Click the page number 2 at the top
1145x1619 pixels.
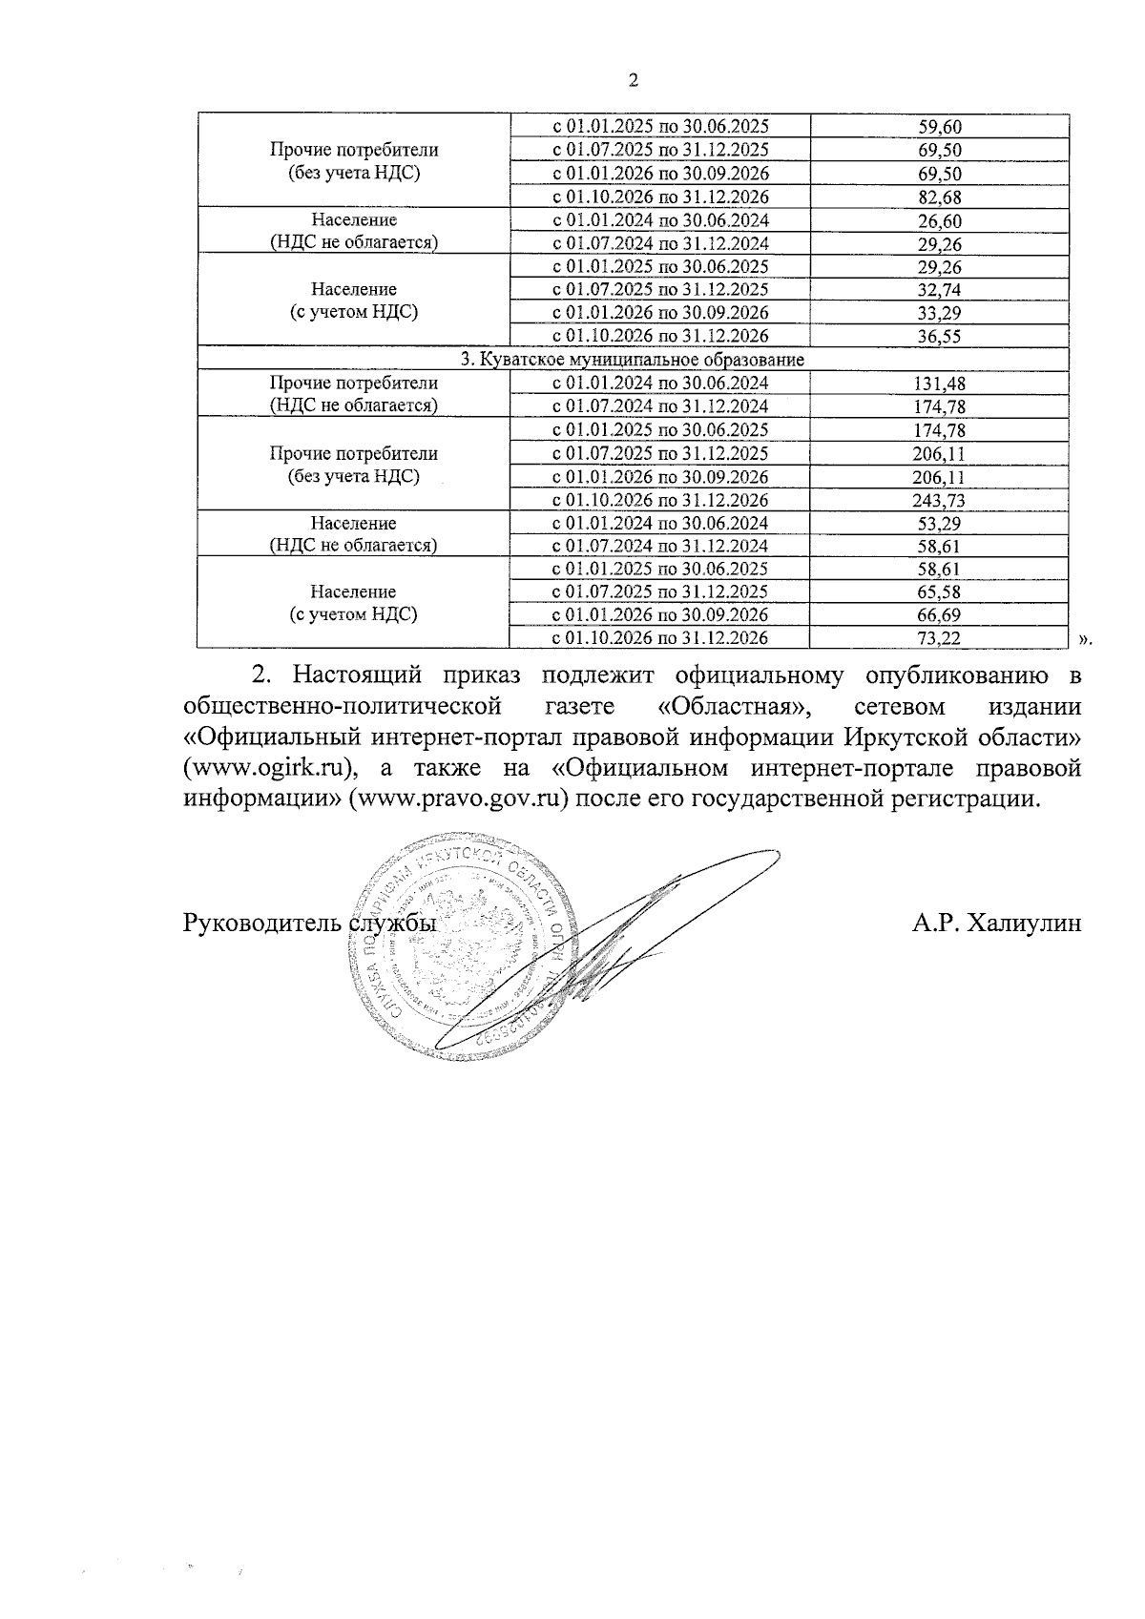click(x=633, y=81)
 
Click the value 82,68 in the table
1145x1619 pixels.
click(x=939, y=197)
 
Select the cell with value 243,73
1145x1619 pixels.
click(x=939, y=501)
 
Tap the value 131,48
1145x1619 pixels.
click(x=939, y=384)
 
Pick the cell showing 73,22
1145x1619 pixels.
click(x=939, y=638)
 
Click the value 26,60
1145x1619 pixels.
click(x=939, y=221)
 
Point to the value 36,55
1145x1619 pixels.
click(x=939, y=337)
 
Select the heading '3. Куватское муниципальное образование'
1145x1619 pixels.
click(x=633, y=360)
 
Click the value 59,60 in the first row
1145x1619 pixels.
click(x=939, y=127)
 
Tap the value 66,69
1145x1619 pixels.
click(x=939, y=615)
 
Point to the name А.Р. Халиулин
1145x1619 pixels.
click(x=995, y=923)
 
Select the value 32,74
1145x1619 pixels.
click(x=939, y=290)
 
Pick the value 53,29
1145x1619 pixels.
click(x=939, y=524)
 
